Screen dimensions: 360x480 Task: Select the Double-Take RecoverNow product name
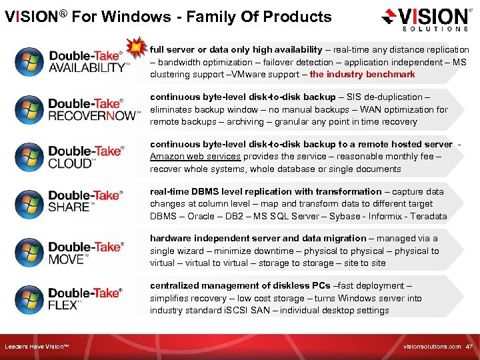(93, 109)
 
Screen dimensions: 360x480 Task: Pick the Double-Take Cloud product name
(86, 157)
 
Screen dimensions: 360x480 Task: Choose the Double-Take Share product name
(85, 201)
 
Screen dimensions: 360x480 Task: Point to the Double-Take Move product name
(85, 253)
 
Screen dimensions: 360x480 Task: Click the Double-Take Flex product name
(85, 298)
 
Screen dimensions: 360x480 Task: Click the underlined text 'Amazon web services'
(195, 156)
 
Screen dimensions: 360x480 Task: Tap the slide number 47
(469, 347)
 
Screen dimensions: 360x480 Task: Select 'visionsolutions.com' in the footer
(432, 347)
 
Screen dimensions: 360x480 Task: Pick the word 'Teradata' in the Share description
(428, 216)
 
